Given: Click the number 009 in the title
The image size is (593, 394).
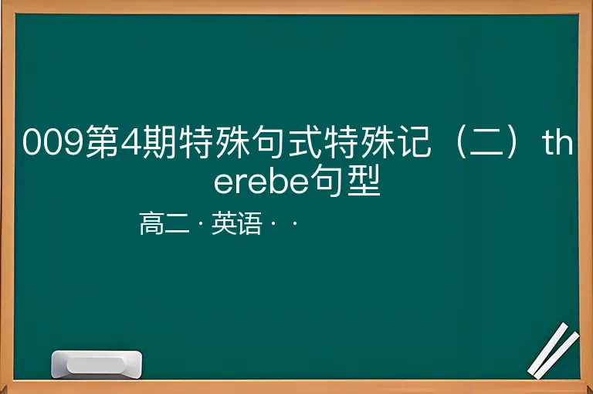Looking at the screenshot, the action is [x=53, y=142].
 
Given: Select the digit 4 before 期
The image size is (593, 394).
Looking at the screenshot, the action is [x=131, y=142].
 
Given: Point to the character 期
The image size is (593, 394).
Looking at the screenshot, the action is [x=159, y=141].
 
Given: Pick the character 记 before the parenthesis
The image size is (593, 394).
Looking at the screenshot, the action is [x=415, y=141].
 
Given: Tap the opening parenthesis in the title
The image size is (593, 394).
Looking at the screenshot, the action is [x=462, y=141].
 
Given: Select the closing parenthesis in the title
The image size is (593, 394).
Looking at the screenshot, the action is [x=512, y=141].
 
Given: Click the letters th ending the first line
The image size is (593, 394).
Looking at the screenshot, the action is [x=557, y=141].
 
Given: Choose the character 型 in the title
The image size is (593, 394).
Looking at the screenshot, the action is [x=364, y=180].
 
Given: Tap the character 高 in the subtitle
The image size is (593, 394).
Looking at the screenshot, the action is [x=151, y=223].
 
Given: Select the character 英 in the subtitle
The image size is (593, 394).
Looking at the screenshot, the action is [x=224, y=223].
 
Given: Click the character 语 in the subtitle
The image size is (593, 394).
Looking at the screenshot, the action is [x=249, y=223].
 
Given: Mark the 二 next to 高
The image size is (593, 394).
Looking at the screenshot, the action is [x=177, y=224].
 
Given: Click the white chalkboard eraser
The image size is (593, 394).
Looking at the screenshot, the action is [x=97, y=364].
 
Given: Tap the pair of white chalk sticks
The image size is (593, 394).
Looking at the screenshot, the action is [x=554, y=351].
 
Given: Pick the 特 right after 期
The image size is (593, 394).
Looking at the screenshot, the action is [x=196, y=141].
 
